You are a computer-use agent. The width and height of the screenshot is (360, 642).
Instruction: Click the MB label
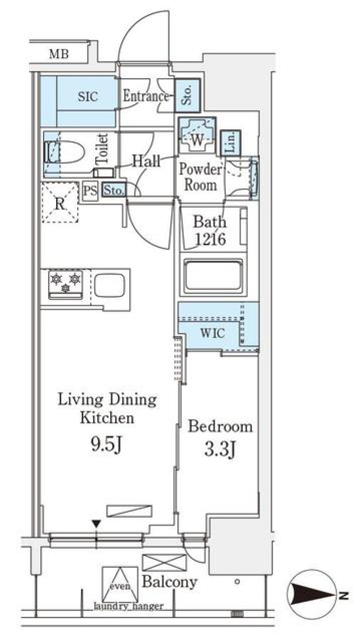click(x=59, y=54)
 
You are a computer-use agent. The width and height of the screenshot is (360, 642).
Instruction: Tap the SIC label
click(x=88, y=97)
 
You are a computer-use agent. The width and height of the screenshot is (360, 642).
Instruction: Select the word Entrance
click(x=146, y=96)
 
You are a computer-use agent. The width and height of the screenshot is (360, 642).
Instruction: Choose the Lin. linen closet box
click(x=231, y=143)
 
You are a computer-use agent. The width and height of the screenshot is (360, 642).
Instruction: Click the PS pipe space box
click(x=90, y=190)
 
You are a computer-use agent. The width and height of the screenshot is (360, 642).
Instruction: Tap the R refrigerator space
click(x=60, y=202)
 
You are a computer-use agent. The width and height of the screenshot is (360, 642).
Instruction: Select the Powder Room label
click(x=200, y=177)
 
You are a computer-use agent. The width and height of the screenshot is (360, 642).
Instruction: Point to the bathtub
click(x=213, y=274)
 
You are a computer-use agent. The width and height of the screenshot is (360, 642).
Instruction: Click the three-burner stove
click(x=66, y=284)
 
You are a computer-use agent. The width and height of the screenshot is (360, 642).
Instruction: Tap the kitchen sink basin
click(x=109, y=285)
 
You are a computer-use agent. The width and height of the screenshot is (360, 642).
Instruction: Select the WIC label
click(x=212, y=333)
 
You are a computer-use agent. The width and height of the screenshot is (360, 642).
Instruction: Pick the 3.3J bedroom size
click(x=220, y=450)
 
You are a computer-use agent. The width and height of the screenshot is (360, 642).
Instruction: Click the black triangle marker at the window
click(x=96, y=524)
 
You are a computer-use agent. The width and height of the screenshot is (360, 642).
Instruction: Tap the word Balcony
click(x=169, y=582)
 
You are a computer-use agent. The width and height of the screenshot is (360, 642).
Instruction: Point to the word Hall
click(x=146, y=161)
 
